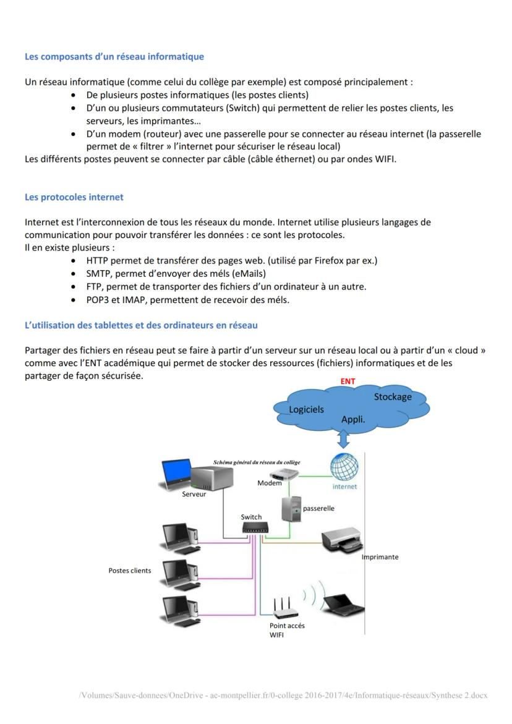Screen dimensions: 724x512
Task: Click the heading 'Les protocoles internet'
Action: click(x=74, y=197)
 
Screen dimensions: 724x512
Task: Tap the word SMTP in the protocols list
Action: click(x=99, y=273)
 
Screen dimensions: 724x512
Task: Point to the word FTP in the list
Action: click(x=94, y=287)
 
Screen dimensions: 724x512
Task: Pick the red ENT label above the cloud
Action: click(x=348, y=381)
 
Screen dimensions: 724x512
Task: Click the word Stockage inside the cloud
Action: click(x=393, y=397)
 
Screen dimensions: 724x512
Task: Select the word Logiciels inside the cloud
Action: click(x=306, y=409)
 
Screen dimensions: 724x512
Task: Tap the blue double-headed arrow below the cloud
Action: click(x=344, y=439)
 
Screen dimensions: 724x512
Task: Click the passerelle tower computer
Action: click(x=289, y=509)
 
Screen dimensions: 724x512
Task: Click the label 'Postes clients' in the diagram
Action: click(x=130, y=571)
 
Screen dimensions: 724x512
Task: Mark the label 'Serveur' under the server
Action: click(x=194, y=494)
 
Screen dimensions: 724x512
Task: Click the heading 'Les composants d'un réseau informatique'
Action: click(x=114, y=57)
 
